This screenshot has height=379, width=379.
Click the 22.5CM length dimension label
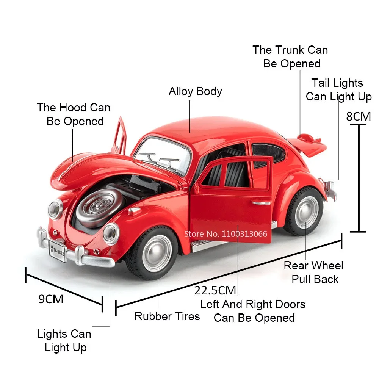[x=215, y=290]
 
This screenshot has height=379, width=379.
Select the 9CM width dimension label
[x=51, y=299]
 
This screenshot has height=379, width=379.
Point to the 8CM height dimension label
[x=359, y=116]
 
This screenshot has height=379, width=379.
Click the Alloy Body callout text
[x=195, y=91]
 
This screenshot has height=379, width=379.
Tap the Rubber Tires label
[x=167, y=316]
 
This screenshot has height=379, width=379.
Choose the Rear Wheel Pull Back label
[x=314, y=272]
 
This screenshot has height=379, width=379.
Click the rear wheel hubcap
[x=306, y=212]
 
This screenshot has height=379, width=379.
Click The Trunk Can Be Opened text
[x=291, y=56]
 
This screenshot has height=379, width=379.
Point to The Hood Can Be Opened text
[x=74, y=114]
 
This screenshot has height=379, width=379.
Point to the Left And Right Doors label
[x=253, y=311]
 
